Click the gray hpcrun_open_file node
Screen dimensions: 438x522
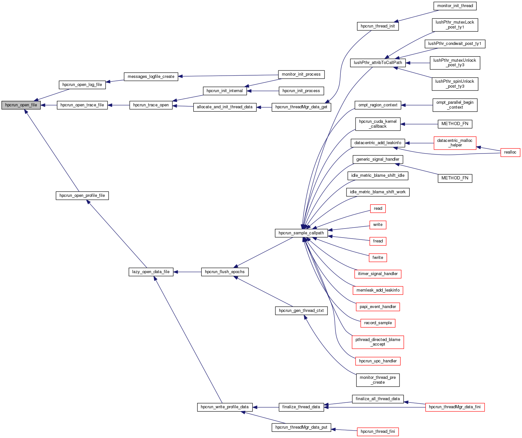21,105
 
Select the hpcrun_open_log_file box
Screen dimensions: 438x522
82,85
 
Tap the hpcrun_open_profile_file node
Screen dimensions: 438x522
82,196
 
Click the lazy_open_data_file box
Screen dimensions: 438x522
151,272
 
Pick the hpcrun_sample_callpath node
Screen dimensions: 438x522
301,233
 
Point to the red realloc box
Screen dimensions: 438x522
510,152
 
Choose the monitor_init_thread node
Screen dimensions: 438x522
455,6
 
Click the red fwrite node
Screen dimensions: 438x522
378,258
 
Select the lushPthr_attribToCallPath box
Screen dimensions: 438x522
378,63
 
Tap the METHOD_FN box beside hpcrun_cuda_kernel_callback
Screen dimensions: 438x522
455,124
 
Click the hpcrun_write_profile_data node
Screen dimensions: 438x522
225,407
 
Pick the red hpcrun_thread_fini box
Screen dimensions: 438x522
378,432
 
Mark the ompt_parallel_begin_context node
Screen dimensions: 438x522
455,105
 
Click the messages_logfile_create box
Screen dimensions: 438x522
151,77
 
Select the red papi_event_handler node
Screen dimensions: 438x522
378,307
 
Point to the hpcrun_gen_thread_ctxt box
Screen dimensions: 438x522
301,311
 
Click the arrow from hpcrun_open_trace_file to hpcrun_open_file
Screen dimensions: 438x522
49,105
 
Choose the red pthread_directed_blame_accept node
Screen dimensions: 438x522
378,342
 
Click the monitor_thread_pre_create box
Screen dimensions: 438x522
378,380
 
